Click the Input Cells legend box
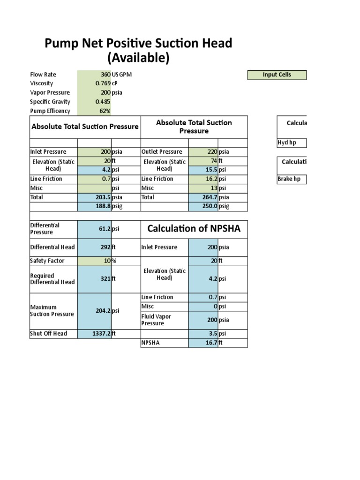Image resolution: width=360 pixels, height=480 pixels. point(277,75)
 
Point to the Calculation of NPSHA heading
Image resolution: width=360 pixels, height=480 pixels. point(194,229)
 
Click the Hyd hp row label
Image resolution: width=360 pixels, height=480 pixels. point(287,143)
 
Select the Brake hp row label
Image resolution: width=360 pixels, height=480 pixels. point(289,179)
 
